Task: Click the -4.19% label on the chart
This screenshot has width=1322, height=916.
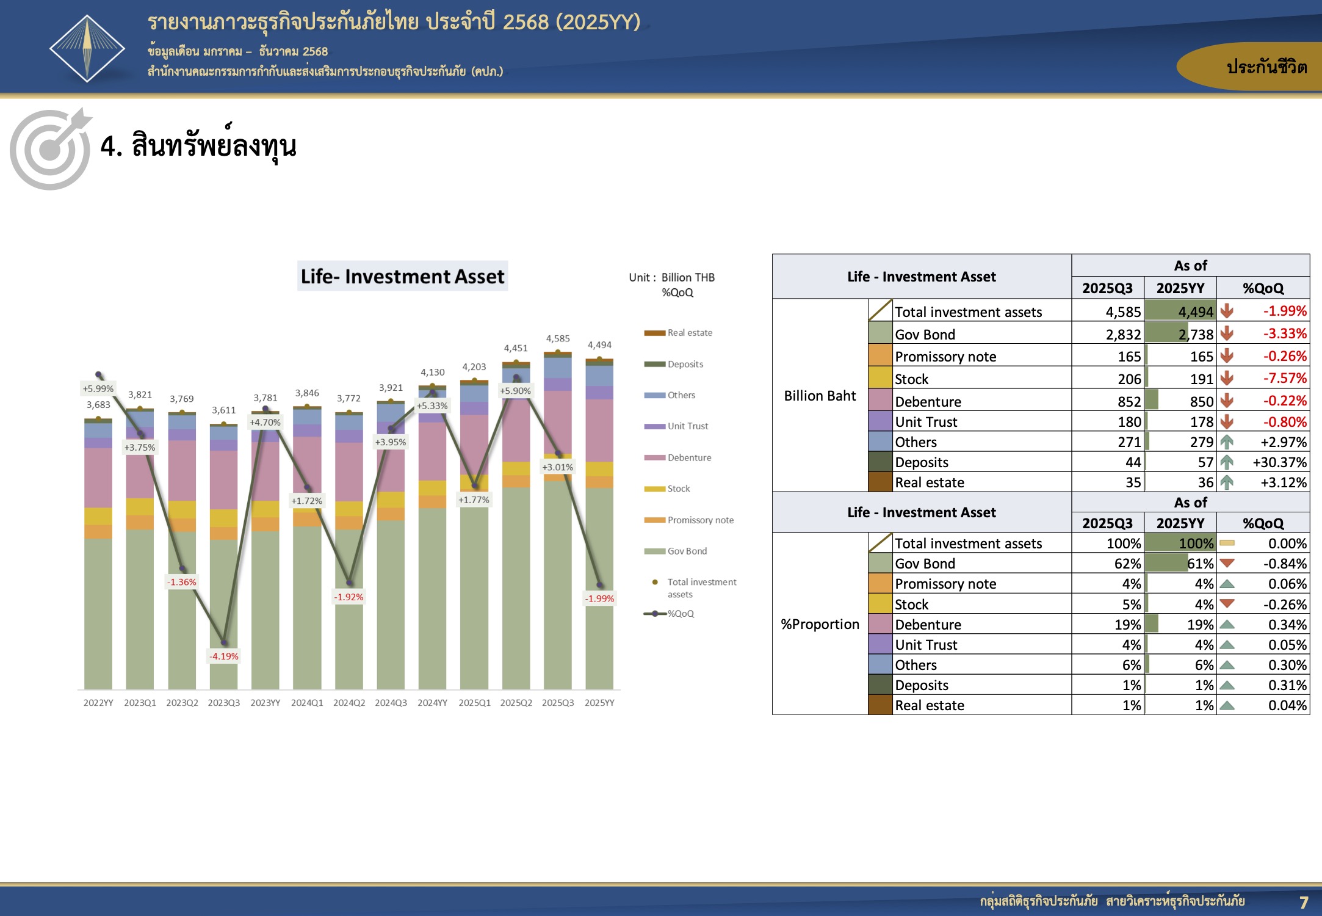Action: tap(224, 656)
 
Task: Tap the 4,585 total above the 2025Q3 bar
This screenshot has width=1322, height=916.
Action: tap(558, 338)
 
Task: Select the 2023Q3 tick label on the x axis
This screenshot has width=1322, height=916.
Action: tap(224, 703)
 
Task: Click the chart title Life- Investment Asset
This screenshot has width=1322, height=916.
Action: tap(403, 277)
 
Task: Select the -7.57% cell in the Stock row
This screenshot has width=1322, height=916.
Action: tap(1285, 379)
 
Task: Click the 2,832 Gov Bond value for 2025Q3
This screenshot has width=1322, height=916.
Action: tap(1123, 335)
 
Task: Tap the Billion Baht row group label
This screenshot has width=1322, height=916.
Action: tap(820, 396)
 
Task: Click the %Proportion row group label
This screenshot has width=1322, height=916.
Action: tap(820, 624)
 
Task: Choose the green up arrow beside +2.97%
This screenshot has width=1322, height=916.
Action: tap(1227, 442)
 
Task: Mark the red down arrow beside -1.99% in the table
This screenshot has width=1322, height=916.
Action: tap(1227, 311)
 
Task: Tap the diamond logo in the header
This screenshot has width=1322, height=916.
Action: tap(87, 48)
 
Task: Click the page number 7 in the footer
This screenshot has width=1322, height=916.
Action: tap(1304, 902)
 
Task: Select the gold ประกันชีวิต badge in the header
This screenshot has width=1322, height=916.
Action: tap(1249, 67)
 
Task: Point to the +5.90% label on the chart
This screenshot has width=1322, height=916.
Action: tap(516, 391)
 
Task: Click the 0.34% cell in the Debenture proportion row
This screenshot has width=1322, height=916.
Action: tap(1287, 625)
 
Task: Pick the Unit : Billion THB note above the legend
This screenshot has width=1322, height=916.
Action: tap(672, 277)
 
